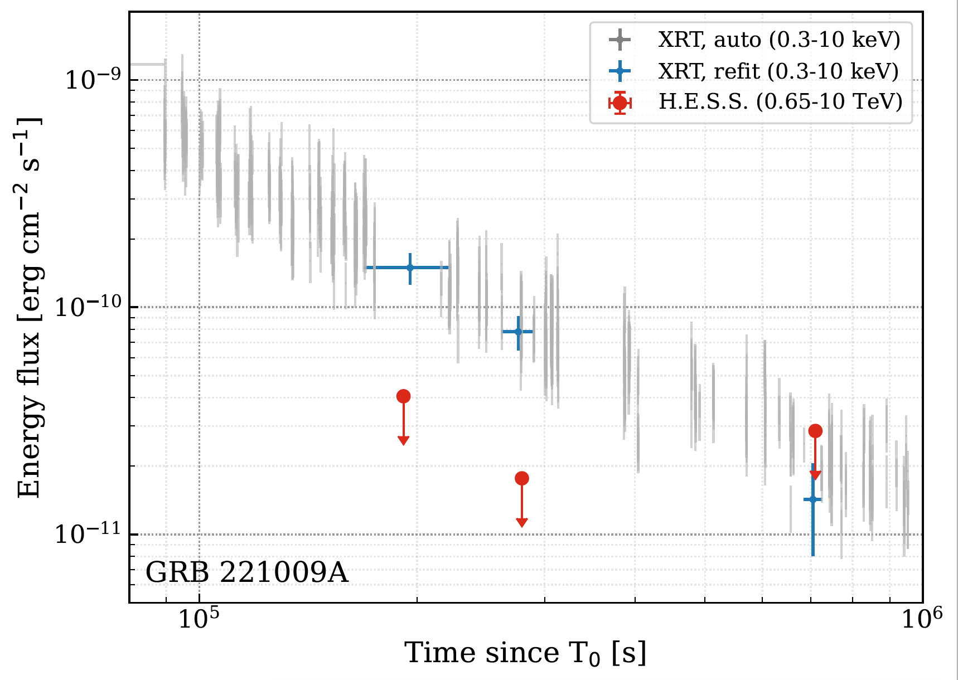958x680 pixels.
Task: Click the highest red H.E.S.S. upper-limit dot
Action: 403,396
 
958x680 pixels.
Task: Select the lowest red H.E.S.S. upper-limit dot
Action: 522,478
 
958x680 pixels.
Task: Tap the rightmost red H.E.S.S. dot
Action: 815,431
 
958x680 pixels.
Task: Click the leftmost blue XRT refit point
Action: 410,268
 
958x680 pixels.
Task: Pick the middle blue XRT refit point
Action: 518,332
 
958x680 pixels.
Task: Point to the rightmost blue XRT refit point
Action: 813,499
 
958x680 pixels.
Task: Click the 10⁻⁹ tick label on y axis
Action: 89,79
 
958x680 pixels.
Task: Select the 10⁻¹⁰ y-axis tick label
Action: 88,306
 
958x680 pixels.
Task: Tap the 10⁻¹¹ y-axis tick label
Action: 88,533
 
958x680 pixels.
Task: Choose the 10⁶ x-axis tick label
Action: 922,619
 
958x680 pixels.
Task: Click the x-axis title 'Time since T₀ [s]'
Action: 525,653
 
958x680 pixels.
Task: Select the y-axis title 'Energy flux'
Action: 29,307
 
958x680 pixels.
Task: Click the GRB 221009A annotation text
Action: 246,572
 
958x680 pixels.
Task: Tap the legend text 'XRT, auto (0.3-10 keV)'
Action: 779,40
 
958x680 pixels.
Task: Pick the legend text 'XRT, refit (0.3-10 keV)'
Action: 778,71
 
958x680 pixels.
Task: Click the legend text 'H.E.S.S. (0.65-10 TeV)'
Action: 780,102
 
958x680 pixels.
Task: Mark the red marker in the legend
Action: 620,103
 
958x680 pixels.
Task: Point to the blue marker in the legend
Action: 620,71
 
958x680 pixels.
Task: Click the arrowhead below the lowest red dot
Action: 522,522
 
